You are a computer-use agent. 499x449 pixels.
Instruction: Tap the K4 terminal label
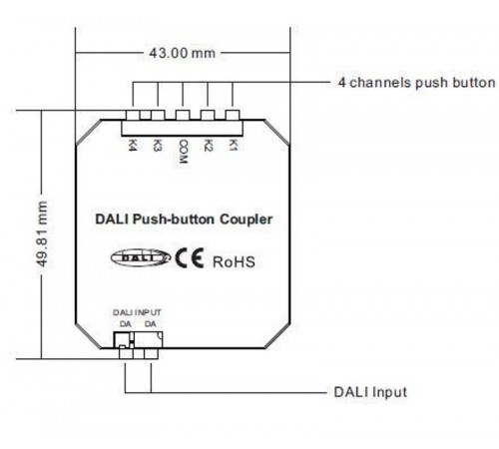tap(133, 145)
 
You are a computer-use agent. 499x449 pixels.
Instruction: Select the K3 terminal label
tap(158, 145)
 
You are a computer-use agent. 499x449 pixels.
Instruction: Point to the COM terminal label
tap(183, 150)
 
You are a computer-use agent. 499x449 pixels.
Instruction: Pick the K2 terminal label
tap(208, 145)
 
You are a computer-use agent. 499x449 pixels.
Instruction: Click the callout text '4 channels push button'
tap(416, 81)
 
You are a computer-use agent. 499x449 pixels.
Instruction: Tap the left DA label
tap(124, 323)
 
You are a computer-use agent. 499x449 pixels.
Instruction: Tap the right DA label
tap(149, 323)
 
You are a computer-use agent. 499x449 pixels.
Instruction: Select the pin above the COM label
tap(183, 118)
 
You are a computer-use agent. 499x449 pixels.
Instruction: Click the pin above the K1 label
tap(233, 118)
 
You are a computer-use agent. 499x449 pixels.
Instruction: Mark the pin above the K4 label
tap(133, 118)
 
